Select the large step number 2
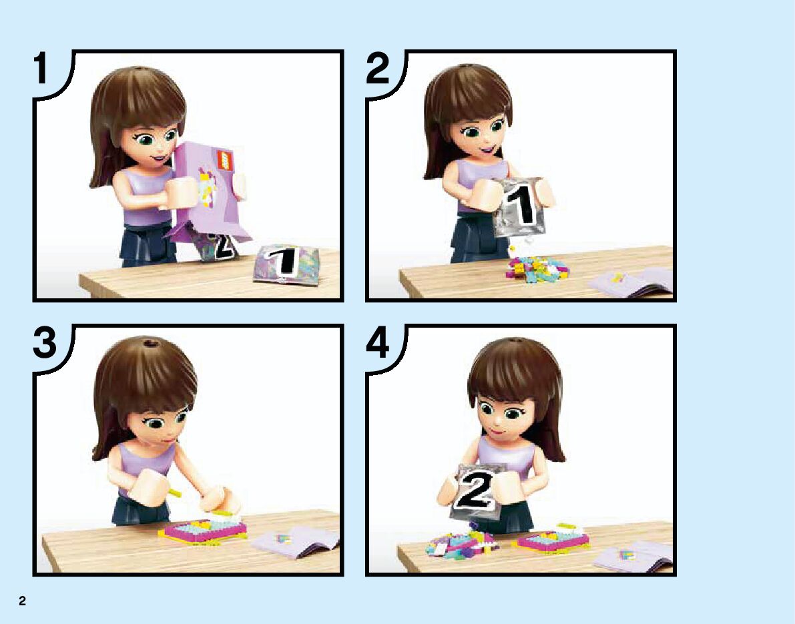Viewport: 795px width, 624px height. (x=378, y=69)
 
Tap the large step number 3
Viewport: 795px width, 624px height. (x=45, y=342)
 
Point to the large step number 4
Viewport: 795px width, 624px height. (x=378, y=342)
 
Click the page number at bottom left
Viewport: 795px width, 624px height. (x=22, y=601)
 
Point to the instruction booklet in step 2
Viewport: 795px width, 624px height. (x=631, y=283)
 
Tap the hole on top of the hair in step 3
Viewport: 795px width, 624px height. (x=150, y=343)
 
